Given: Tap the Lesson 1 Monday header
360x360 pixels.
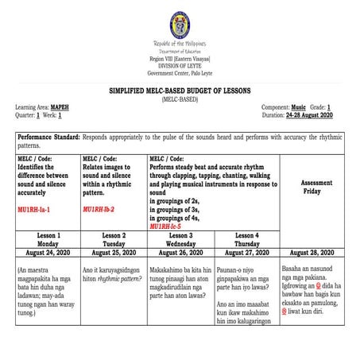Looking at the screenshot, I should (48, 241).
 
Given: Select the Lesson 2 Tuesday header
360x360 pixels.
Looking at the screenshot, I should (114, 241).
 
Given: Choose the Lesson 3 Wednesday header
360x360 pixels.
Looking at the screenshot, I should (180, 241).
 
